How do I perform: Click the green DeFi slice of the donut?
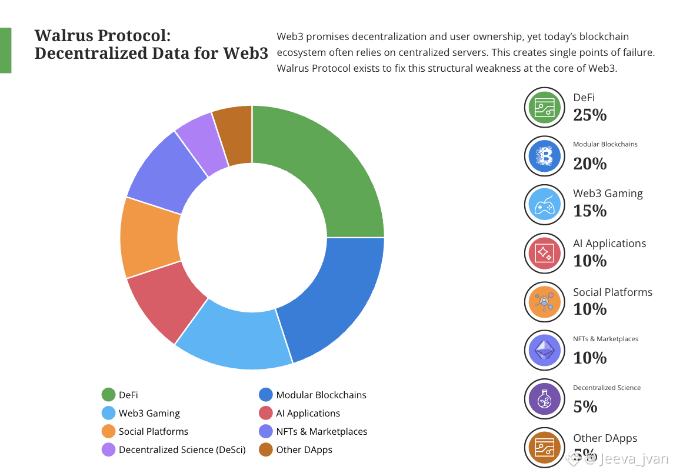coord(318,171)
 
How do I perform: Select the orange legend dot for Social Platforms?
coord(108,431)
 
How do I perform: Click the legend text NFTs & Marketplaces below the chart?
coord(321,431)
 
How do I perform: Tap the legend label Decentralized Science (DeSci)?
coord(182,449)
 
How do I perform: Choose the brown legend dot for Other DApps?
coord(266,449)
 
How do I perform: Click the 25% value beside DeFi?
coord(589,115)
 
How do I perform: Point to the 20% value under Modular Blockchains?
coord(589,163)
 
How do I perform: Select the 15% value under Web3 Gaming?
coord(589,211)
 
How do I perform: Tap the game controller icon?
coord(544,205)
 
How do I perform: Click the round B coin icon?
coord(544,156)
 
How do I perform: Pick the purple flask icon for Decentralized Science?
coord(544,399)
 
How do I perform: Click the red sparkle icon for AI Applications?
coord(544,253)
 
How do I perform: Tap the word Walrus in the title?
coord(61,35)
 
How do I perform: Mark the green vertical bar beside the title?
coord(5,50)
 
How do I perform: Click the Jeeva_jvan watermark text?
coord(633,458)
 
